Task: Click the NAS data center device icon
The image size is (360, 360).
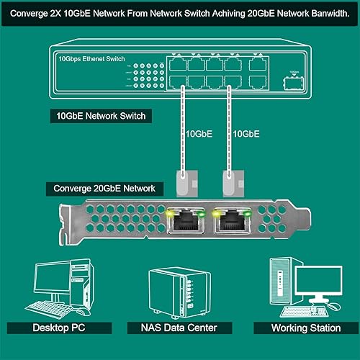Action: tap(171, 292)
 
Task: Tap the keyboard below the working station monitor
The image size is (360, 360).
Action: tap(304, 312)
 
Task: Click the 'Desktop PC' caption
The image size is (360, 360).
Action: tap(57, 328)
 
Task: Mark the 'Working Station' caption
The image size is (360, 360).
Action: tap(305, 328)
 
